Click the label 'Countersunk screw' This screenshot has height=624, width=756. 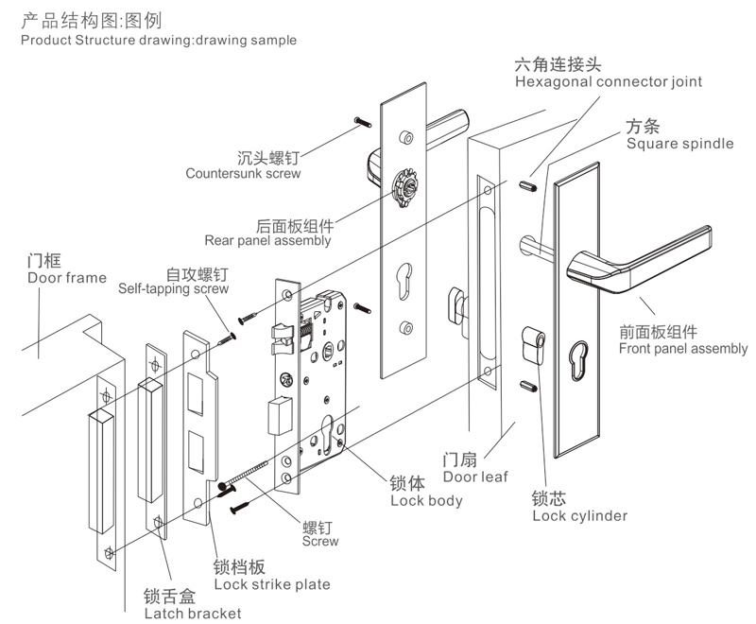[243, 174]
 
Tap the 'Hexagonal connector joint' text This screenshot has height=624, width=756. [609, 82]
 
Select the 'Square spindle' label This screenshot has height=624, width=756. [679, 144]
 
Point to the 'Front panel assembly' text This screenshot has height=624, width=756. [682, 349]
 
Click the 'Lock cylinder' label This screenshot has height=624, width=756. [579, 515]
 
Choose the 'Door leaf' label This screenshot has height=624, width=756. [475, 477]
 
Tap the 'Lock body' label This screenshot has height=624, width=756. [426, 500]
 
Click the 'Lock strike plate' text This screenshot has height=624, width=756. [271, 584]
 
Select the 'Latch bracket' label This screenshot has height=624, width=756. [192, 614]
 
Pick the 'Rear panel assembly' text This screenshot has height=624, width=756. [267, 241]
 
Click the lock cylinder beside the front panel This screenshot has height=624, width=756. [532, 345]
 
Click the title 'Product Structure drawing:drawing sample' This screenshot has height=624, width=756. [158, 40]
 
